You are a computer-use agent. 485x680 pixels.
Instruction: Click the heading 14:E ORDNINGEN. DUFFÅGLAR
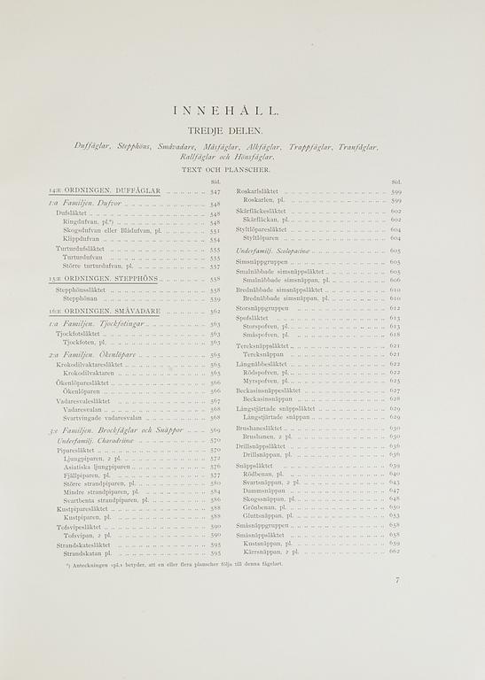pyautogui.click(x=105, y=191)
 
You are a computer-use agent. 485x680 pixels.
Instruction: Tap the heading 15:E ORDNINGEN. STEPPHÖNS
pyautogui.click(x=104, y=278)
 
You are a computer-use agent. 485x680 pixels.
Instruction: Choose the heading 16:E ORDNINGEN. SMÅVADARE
pyautogui.click(x=104, y=312)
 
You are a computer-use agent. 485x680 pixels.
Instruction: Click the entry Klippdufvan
pyautogui.click(x=81, y=239)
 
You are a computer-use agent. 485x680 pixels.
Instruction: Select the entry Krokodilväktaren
pyautogui.click(x=92, y=373)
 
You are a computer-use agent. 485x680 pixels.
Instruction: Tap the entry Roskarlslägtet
pyautogui.click(x=257, y=191)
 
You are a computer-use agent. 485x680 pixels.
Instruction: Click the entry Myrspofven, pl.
pyautogui.click(x=264, y=381)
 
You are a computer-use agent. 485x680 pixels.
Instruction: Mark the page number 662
pyautogui.click(x=395, y=552)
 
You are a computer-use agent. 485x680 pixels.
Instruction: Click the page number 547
pyautogui.click(x=215, y=191)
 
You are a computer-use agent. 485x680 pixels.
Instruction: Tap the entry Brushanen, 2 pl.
pyautogui.click(x=267, y=437)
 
